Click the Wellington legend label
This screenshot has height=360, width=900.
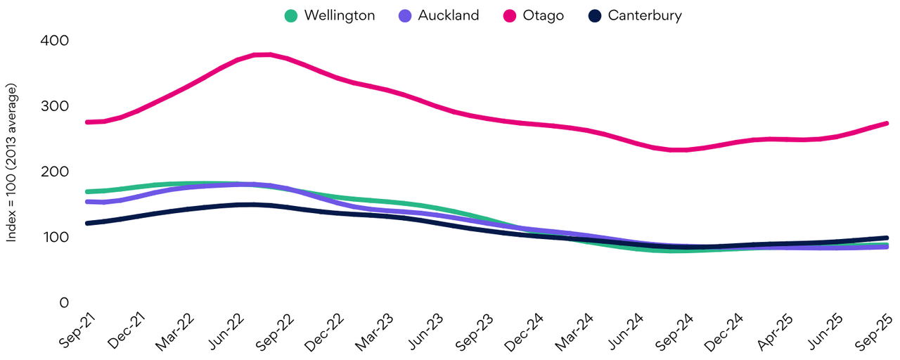[340, 15]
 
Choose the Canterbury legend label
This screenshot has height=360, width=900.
[645, 15]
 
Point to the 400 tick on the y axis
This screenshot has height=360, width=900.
[54, 41]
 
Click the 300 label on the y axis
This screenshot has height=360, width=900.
[54, 106]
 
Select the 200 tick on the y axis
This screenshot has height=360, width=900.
[54, 172]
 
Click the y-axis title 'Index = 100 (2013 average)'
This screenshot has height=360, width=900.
[13, 163]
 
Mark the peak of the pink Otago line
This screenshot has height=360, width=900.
[263, 54]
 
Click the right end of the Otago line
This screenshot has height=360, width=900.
[887, 123]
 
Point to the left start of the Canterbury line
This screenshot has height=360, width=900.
[86, 223]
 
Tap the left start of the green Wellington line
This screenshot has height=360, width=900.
[86, 191]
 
